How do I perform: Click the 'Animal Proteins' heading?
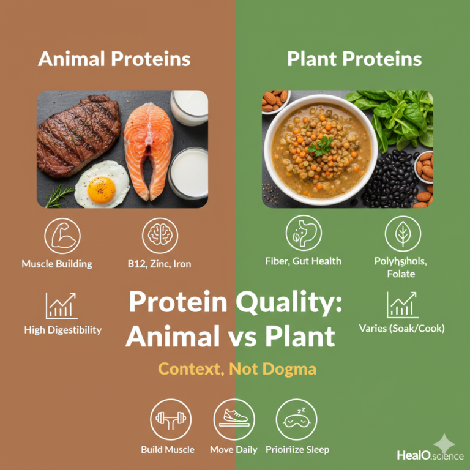click(x=114, y=59)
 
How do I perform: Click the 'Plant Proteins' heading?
click(x=354, y=59)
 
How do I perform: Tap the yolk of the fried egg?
click(x=102, y=190)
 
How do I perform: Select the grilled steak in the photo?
click(x=77, y=135)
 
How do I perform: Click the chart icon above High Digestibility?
click(x=61, y=305)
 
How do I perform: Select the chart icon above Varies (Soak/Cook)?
click(x=402, y=304)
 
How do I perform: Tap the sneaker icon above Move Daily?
click(x=234, y=419)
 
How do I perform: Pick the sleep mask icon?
click(x=297, y=419)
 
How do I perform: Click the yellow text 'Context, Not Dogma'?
click(x=237, y=368)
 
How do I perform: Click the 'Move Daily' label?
click(x=234, y=450)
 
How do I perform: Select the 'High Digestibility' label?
click(x=63, y=330)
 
